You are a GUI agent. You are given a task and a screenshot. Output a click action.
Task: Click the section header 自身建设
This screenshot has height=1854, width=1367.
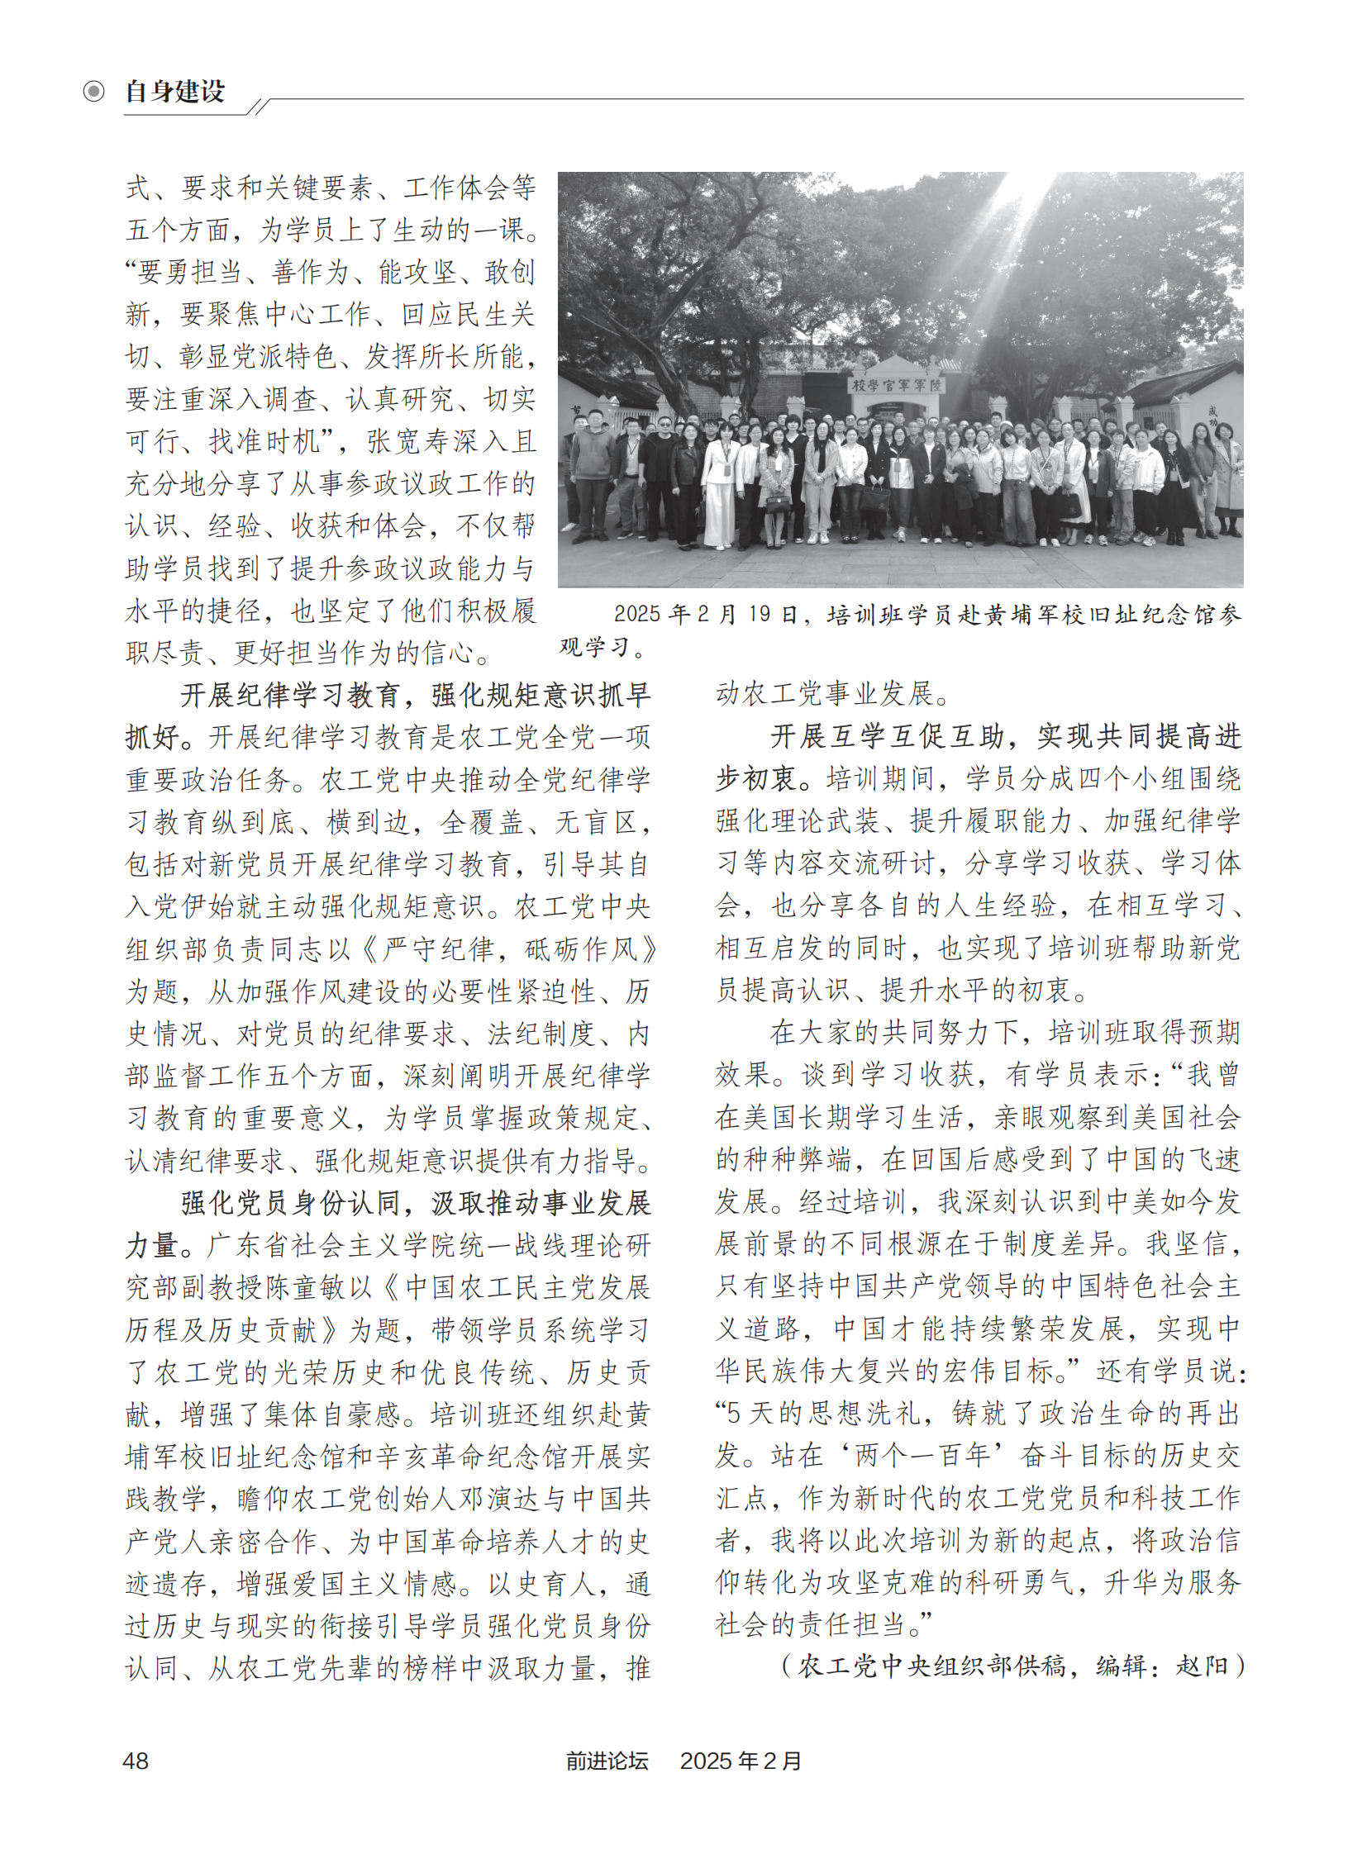174,91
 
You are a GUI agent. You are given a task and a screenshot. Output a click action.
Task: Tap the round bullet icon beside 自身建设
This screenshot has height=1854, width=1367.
93,91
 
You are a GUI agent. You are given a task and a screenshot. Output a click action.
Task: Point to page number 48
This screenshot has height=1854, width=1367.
136,1761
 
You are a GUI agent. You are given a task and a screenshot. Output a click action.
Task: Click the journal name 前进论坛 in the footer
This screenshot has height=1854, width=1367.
607,1761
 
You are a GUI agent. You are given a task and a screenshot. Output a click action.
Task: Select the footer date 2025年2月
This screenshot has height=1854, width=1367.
741,1761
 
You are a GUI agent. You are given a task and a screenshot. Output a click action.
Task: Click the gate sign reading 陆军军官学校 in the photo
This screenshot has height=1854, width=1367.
897,386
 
